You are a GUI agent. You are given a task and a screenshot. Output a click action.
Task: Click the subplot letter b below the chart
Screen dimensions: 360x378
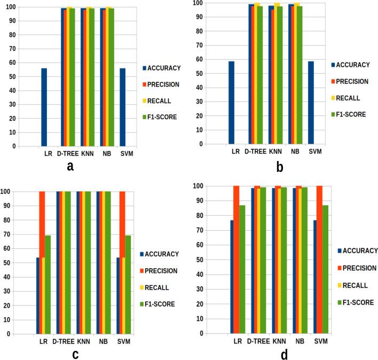pos(280,167)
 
